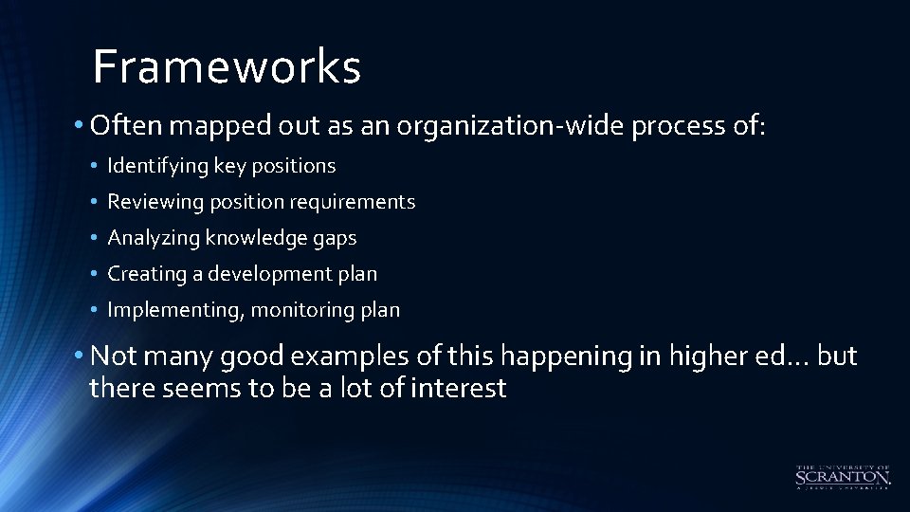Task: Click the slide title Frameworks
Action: point(227,67)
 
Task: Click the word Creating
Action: point(147,274)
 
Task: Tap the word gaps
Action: point(335,238)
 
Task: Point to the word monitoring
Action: point(310,310)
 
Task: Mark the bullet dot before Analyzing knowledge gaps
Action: point(96,239)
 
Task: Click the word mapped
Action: point(216,126)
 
